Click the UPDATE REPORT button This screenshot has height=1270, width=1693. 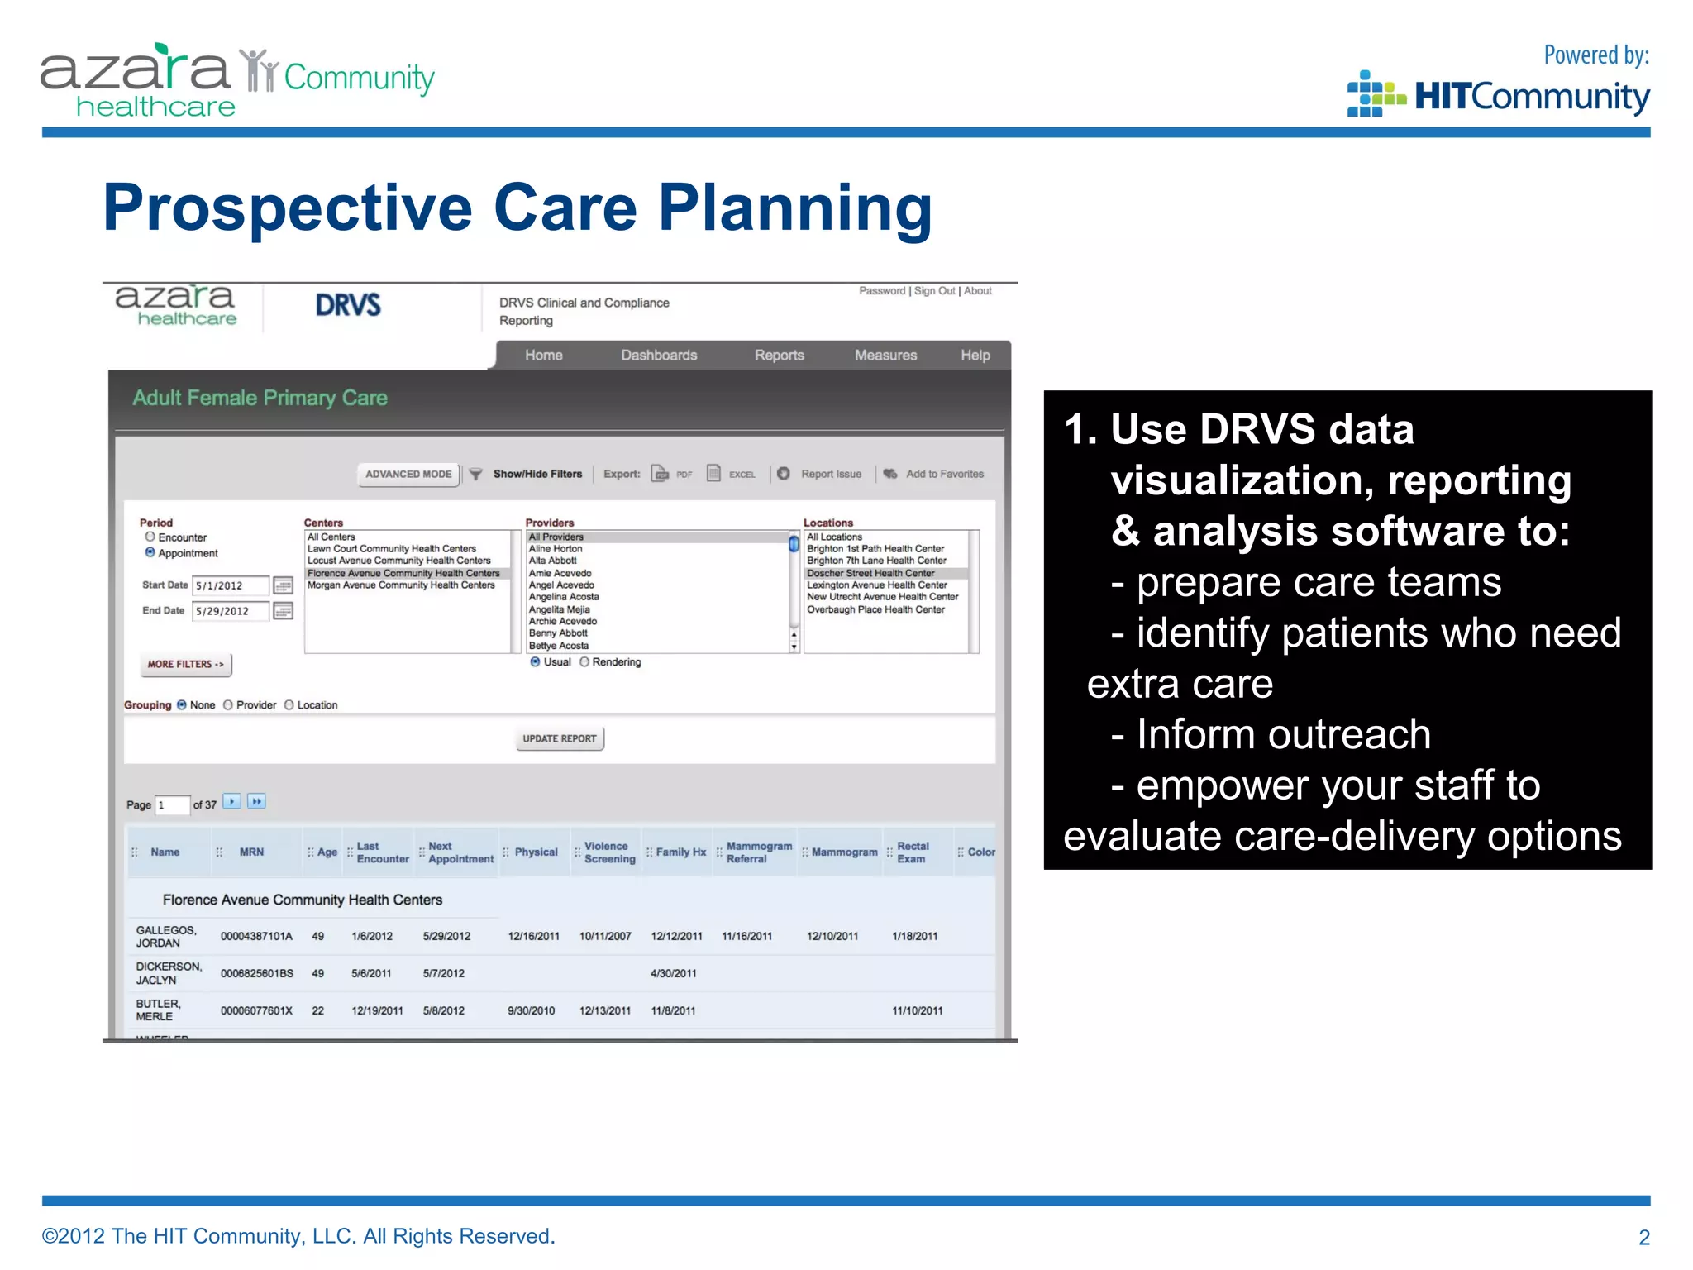tap(560, 738)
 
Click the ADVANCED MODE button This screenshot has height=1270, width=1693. tap(408, 475)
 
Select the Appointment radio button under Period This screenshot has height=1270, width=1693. tap(150, 552)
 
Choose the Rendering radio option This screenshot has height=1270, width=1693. tap(584, 662)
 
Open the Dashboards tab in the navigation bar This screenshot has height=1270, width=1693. tap(659, 356)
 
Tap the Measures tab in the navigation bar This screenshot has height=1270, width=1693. tap(885, 356)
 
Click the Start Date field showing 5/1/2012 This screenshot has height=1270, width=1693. tap(231, 586)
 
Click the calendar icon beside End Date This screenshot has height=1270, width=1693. tap(283, 611)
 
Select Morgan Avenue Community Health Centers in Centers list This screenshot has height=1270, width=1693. tap(401, 585)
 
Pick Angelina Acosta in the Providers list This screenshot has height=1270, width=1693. tap(564, 597)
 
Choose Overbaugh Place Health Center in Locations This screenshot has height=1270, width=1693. tap(875, 609)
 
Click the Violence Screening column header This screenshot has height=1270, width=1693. tap(610, 852)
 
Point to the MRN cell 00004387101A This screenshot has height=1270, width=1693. tap(256, 937)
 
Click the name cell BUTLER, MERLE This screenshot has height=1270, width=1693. tap(158, 1010)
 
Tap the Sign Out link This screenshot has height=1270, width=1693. tap(934, 291)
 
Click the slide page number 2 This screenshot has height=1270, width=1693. tap(1644, 1237)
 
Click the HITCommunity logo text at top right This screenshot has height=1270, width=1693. tap(1532, 97)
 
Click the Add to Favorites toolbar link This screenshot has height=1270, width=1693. tap(945, 475)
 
